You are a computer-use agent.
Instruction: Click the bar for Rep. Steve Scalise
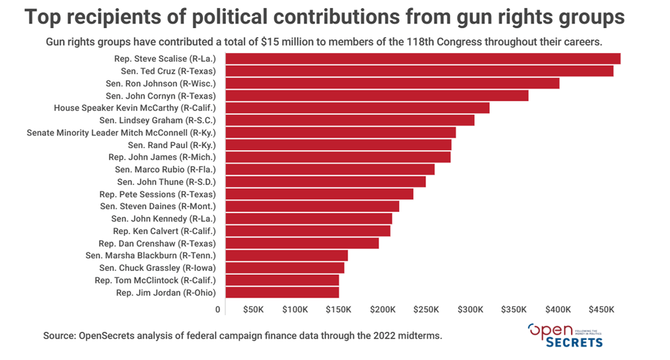tap(423, 59)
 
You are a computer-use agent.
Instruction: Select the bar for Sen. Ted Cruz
tap(419, 71)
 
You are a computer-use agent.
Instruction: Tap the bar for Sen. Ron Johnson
tap(393, 83)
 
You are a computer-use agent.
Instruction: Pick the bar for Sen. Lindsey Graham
tap(350, 120)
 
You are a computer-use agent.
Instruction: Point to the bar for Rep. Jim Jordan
tap(282, 292)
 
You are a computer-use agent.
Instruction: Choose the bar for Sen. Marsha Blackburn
tap(287, 255)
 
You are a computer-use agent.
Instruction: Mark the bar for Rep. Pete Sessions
tap(320, 194)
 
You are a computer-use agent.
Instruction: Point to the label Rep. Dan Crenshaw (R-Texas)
tap(161, 243)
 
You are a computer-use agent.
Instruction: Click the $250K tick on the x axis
tap(426, 310)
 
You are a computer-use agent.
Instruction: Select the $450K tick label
tap(602, 310)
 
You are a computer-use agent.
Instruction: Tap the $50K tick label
tap(253, 310)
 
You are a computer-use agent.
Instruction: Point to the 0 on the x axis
tap(218, 310)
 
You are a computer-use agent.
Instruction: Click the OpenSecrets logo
tap(565, 335)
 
